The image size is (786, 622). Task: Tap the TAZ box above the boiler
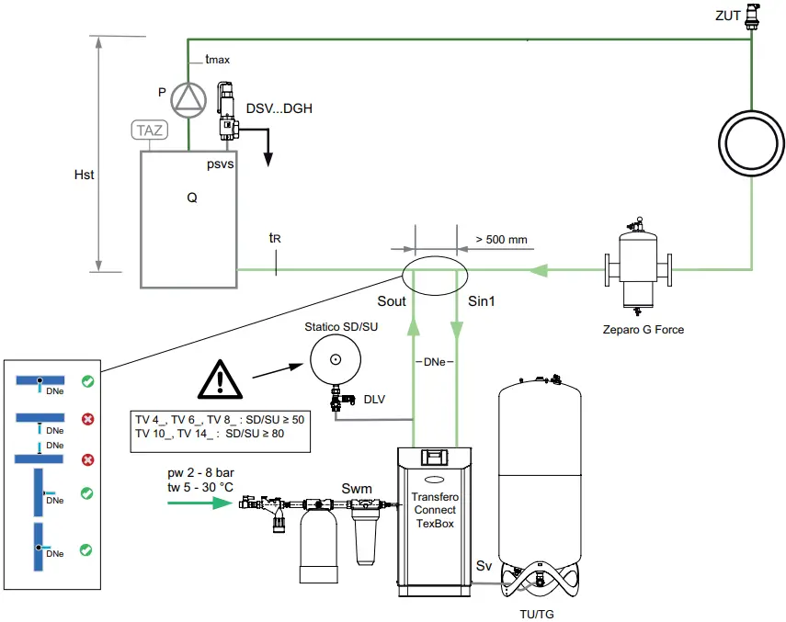149,130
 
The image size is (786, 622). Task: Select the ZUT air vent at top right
752,16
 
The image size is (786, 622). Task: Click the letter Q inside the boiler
191,196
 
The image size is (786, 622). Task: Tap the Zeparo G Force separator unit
636,267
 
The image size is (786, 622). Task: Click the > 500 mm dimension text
501,240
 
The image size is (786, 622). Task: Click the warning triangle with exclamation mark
222,379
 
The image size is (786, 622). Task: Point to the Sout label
391,300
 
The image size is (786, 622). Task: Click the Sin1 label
482,300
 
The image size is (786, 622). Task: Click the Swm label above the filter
357,488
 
